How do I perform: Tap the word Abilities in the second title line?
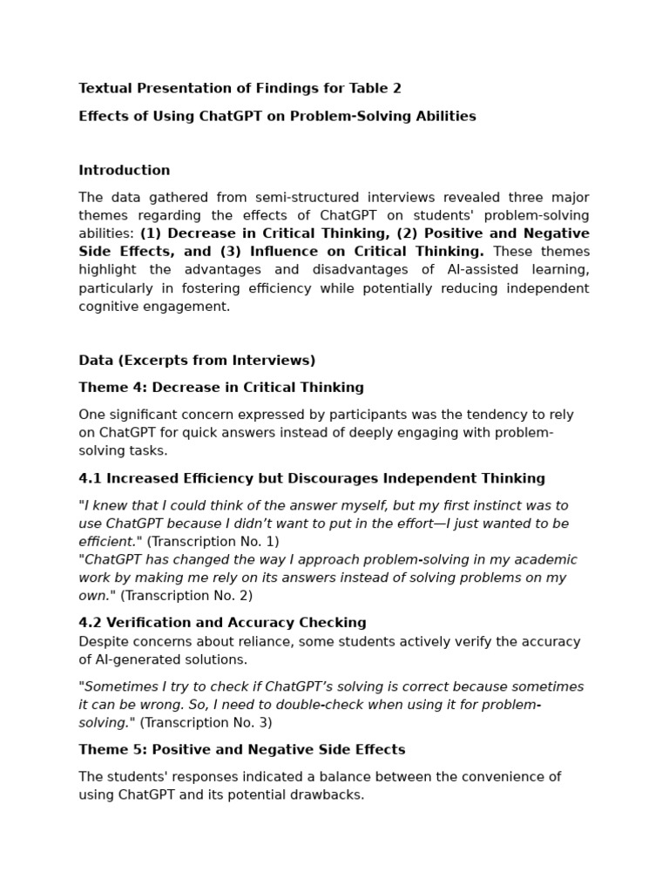445,116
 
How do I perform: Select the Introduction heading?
125,170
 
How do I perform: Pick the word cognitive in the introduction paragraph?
110,307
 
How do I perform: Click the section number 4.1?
90,478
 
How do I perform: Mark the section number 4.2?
90,622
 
